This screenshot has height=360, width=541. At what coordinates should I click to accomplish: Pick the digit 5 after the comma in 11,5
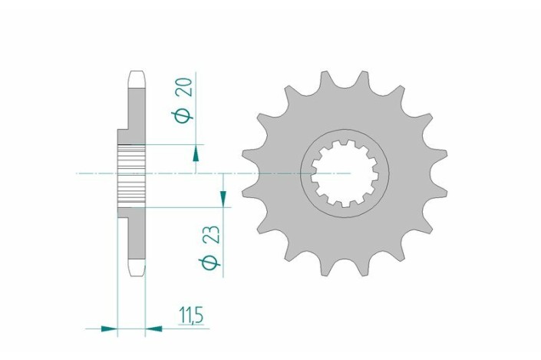[201, 315]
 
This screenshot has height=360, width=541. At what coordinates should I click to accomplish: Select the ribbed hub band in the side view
[132, 174]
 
